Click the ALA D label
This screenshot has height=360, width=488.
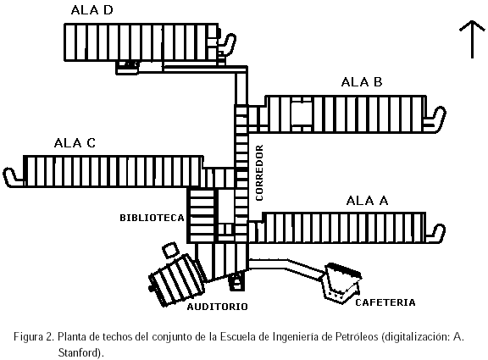(x=91, y=10)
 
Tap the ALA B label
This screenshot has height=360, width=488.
(x=362, y=82)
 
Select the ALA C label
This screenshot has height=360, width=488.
(x=75, y=143)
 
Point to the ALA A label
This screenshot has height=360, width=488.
(x=367, y=201)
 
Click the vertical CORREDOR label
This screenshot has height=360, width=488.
(x=259, y=173)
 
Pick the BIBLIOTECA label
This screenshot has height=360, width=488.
(x=152, y=218)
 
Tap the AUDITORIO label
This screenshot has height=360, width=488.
(x=217, y=307)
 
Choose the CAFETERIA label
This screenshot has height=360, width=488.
(x=385, y=302)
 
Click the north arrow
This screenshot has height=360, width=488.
(x=472, y=40)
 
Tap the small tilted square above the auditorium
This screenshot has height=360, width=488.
(x=170, y=251)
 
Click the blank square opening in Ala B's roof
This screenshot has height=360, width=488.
(x=301, y=114)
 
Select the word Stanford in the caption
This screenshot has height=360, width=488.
(x=79, y=353)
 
